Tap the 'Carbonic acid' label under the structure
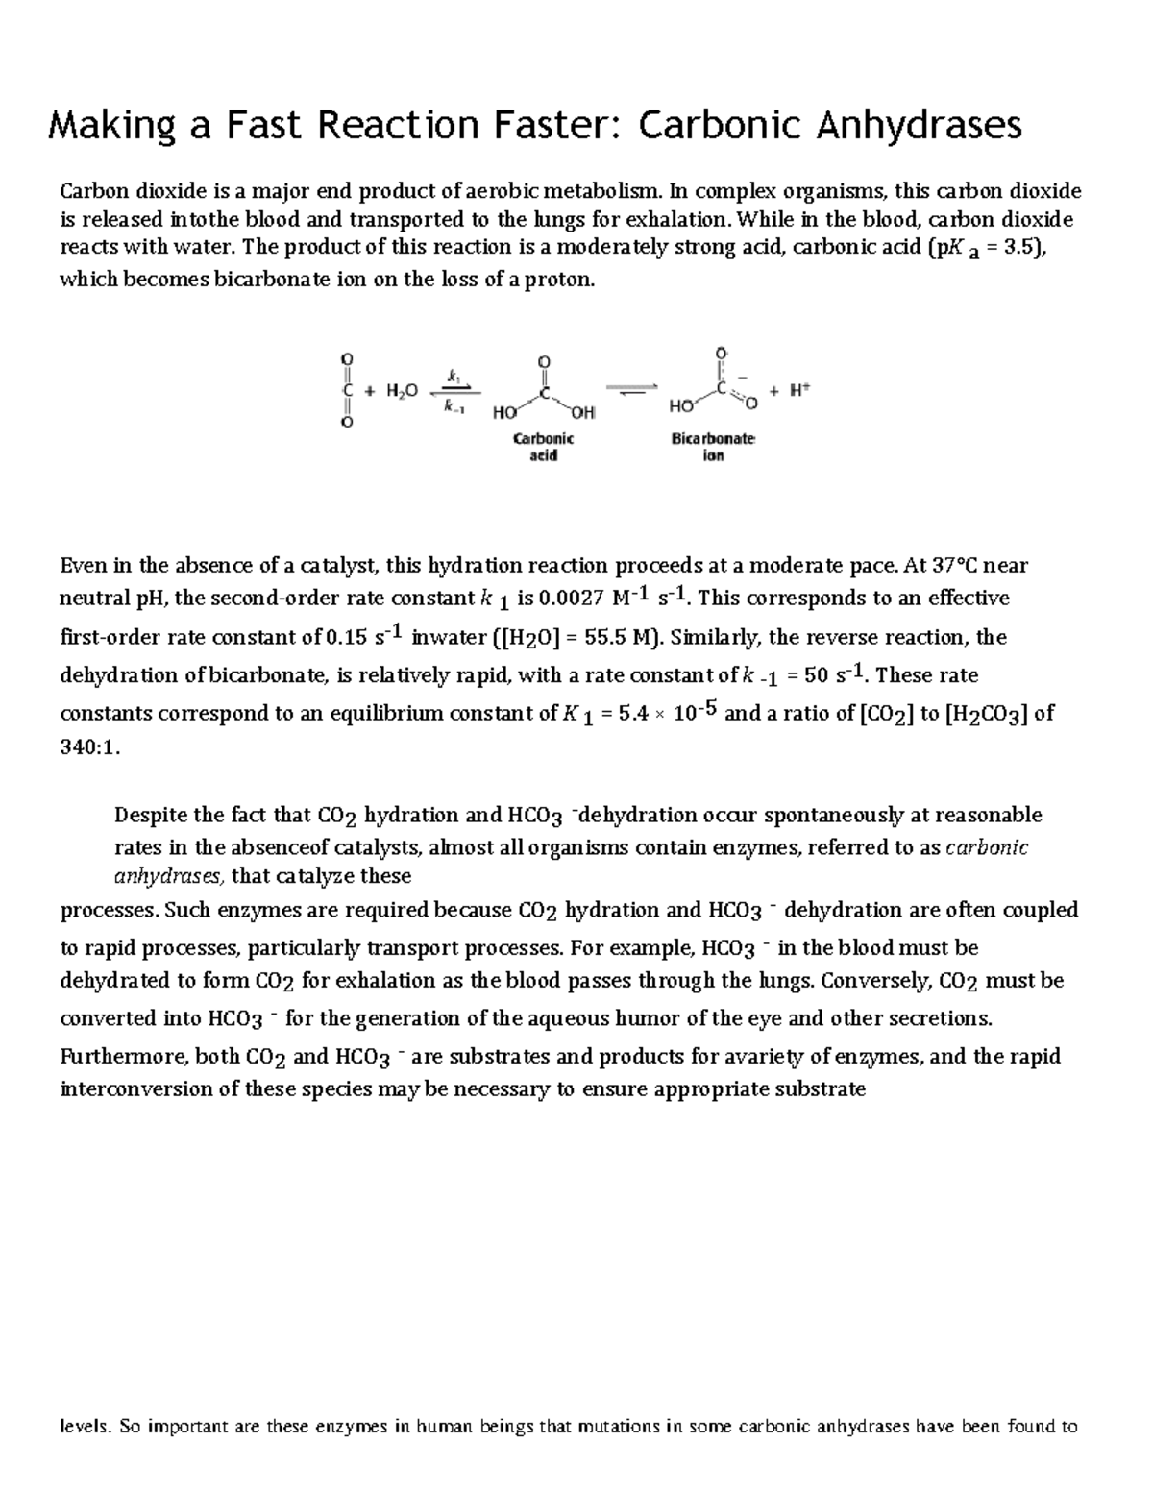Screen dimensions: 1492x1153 pos(543,447)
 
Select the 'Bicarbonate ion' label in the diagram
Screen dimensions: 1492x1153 pos(712,447)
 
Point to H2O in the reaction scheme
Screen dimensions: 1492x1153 pos(402,391)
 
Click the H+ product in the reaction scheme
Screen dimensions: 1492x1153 pos(800,390)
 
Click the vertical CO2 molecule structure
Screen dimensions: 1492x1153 pos(344,391)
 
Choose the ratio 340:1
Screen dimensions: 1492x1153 pos(90,749)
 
